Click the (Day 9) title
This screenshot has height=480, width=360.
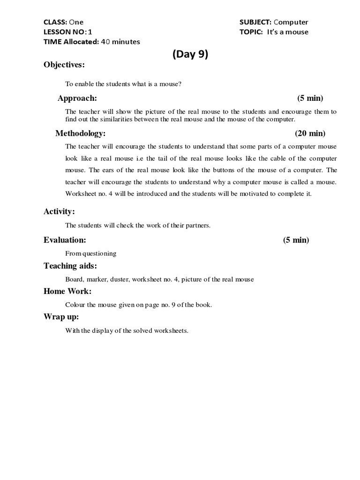[x=190, y=54]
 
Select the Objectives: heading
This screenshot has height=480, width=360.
[x=65, y=65]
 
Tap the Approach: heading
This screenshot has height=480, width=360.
[x=77, y=98]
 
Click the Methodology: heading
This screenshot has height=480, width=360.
[x=81, y=134]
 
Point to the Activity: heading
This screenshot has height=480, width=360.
[x=59, y=211]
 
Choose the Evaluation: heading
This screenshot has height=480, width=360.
[x=65, y=240]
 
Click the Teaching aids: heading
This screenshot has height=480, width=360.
[x=70, y=266]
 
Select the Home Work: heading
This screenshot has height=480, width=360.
[x=67, y=291]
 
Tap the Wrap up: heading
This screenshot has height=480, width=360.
[x=61, y=316]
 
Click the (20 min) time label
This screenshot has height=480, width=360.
[x=310, y=134]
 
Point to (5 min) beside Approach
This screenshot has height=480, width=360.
[x=310, y=98]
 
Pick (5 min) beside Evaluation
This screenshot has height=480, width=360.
[x=296, y=240]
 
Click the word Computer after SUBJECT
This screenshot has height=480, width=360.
[x=291, y=22]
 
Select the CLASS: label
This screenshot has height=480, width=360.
[x=55, y=22]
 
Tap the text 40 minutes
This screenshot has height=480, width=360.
[x=120, y=42]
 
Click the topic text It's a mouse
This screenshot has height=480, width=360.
[x=288, y=32]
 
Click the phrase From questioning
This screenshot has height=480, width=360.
[x=91, y=254]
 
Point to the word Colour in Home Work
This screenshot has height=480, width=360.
[x=75, y=305]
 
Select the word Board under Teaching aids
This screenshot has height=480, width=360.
[x=74, y=279]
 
